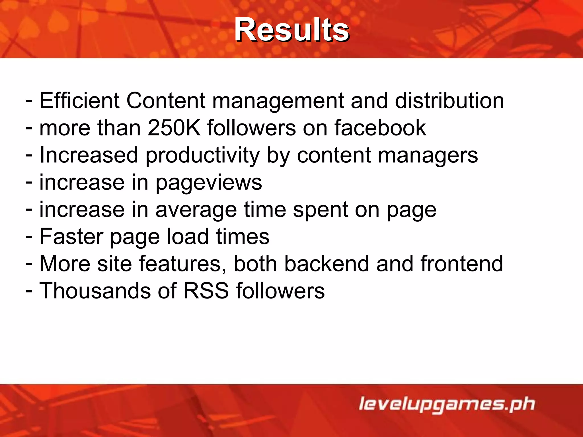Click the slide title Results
coord(292,30)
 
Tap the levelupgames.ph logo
coord(447,404)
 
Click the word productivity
coord(202,156)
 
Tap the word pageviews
coord(209,183)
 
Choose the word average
coord(196,210)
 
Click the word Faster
coord(71,236)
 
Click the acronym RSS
coord(206,291)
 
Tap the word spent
coord(321,210)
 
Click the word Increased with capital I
coord(89,156)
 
